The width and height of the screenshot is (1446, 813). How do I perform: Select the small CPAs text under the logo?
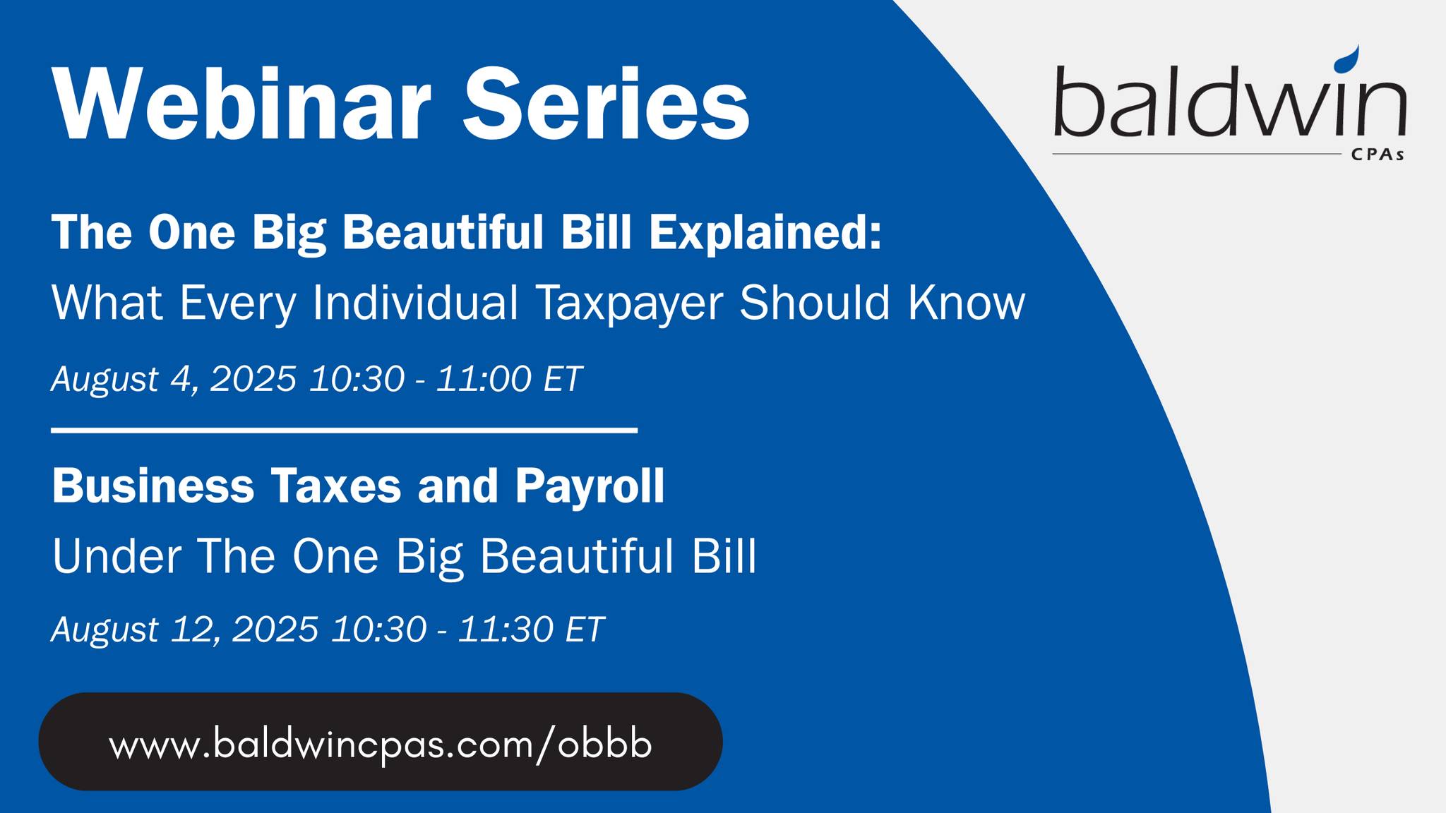[x=1378, y=155]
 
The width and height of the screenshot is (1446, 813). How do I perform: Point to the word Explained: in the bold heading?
[x=766, y=232]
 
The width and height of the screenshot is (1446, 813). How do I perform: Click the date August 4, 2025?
[x=174, y=379]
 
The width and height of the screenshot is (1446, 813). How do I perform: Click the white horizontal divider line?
[x=345, y=430]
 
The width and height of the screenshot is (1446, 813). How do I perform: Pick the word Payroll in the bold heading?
[x=590, y=487]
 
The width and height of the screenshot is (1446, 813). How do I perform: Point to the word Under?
[x=116, y=556]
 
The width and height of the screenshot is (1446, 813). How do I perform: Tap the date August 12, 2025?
[x=185, y=630]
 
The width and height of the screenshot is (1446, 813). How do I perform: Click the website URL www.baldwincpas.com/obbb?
[x=381, y=744]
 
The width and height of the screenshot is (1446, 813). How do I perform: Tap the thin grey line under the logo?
[x=1197, y=153]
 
